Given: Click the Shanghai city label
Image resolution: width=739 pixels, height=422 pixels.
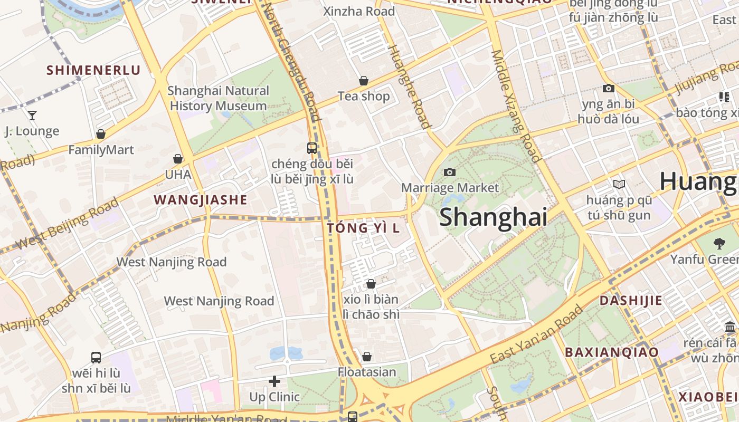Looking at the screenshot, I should (x=493, y=217).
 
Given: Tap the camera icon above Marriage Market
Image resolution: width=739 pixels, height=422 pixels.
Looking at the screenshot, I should (x=450, y=172).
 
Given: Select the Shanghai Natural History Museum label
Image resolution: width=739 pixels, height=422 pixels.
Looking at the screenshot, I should (x=218, y=98).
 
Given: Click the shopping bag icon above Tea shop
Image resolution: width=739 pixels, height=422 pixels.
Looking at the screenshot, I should (x=364, y=81).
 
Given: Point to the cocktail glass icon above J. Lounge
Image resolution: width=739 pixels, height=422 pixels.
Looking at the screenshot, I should (x=32, y=115).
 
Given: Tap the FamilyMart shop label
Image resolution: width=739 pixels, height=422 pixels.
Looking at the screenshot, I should (x=101, y=150).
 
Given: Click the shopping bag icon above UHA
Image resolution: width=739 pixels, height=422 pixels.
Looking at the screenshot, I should (x=178, y=159).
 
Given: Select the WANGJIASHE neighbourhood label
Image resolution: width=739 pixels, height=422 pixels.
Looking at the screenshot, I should (x=200, y=200).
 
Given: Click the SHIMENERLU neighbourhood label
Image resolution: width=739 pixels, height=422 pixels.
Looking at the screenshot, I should (x=93, y=70).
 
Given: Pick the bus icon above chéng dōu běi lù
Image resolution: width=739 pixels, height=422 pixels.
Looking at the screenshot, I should (x=312, y=148).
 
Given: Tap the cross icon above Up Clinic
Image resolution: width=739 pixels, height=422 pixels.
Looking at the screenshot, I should (x=274, y=381).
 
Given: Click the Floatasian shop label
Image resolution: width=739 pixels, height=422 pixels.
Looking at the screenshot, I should (x=367, y=372).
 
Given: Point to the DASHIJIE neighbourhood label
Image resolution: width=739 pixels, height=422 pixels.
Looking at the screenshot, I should (x=631, y=301).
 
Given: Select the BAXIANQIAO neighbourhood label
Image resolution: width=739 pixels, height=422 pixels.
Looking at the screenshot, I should (x=612, y=352).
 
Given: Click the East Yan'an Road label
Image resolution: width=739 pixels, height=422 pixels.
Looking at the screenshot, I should (x=536, y=334).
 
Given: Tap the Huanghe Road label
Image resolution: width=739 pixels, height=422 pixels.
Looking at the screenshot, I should (x=409, y=87).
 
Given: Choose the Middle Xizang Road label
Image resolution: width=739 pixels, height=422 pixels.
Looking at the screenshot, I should (x=516, y=105).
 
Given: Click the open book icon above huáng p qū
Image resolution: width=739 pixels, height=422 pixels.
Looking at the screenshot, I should (x=619, y=185).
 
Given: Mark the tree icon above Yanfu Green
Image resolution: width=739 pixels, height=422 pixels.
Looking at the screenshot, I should (x=719, y=243).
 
